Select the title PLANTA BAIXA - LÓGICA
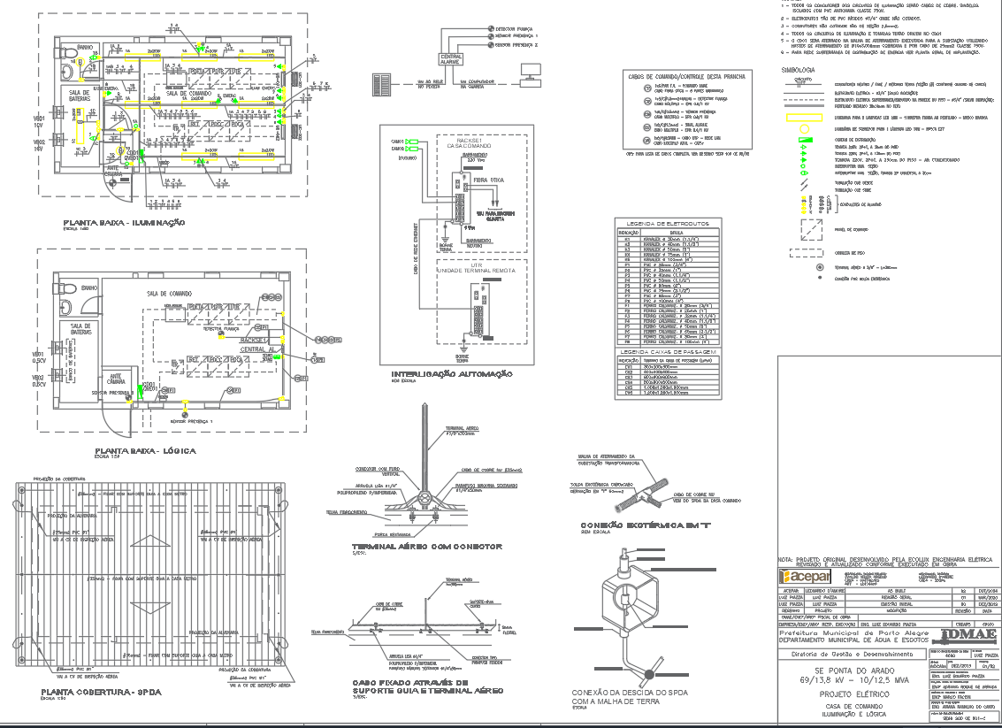click(x=145, y=450)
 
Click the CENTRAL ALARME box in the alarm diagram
click(x=451, y=58)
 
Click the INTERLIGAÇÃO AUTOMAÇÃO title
click(x=451, y=375)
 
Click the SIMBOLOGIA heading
click(x=798, y=70)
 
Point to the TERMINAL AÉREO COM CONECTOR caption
click(x=426, y=547)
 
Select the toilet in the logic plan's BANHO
click(x=66, y=289)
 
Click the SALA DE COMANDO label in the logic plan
click(x=170, y=294)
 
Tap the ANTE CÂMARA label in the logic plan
click(x=116, y=379)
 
